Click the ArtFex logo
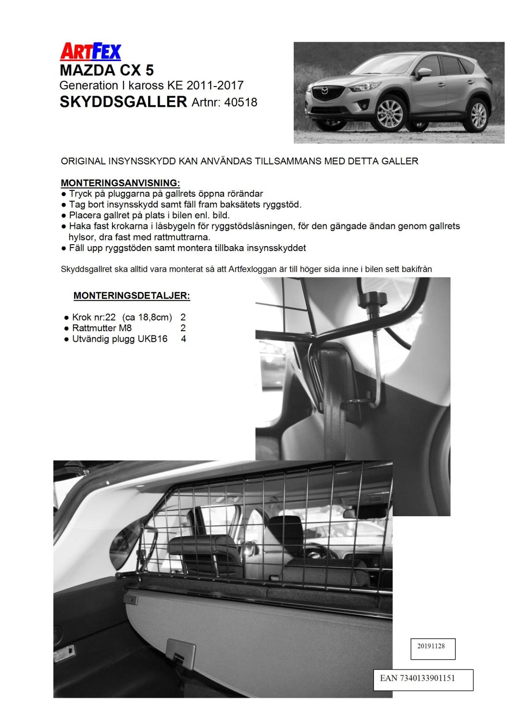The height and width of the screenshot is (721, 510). click(x=90, y=51)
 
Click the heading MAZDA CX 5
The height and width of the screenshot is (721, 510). click(x=107, y=70)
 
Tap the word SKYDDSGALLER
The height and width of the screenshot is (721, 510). click(x=123, y=102)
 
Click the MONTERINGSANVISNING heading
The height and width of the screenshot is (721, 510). click(x=120, y=183)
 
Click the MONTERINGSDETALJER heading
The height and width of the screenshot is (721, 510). click(x=132, y=296)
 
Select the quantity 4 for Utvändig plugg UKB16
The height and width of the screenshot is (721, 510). click(x=183, y=339)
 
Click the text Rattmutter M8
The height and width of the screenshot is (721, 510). click(x=102, y=328)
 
